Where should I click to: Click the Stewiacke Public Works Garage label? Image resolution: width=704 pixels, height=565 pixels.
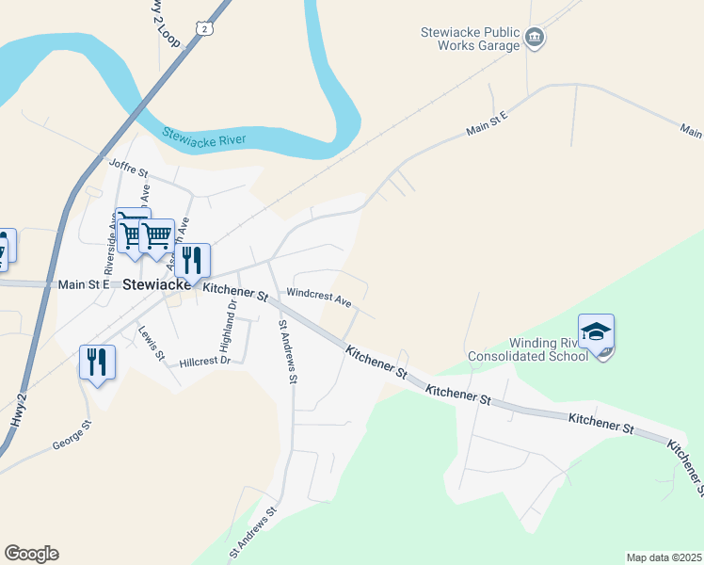pyautogui.click(x=470, y=39)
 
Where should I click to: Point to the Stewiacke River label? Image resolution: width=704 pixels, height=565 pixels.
pyautogui.click(x=204, y=139)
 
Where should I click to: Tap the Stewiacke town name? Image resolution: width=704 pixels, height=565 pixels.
pyautogui.click(x=158, y=282)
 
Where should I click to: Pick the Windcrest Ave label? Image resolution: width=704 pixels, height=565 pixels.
pyautogui.click(x=319, y=298)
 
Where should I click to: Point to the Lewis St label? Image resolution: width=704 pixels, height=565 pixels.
pyautogui.click(x=151, y=344)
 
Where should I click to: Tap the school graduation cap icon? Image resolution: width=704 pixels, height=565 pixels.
pyautogui.click(x=596, y=331)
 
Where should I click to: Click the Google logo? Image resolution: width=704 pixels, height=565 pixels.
pyautogui.click(x=31, y=554)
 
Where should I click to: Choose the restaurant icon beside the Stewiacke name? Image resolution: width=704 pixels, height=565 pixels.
pyautogui.click(x=192, y=260)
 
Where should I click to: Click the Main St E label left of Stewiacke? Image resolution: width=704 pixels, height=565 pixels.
pyautogui.click(x=84, y=282)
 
